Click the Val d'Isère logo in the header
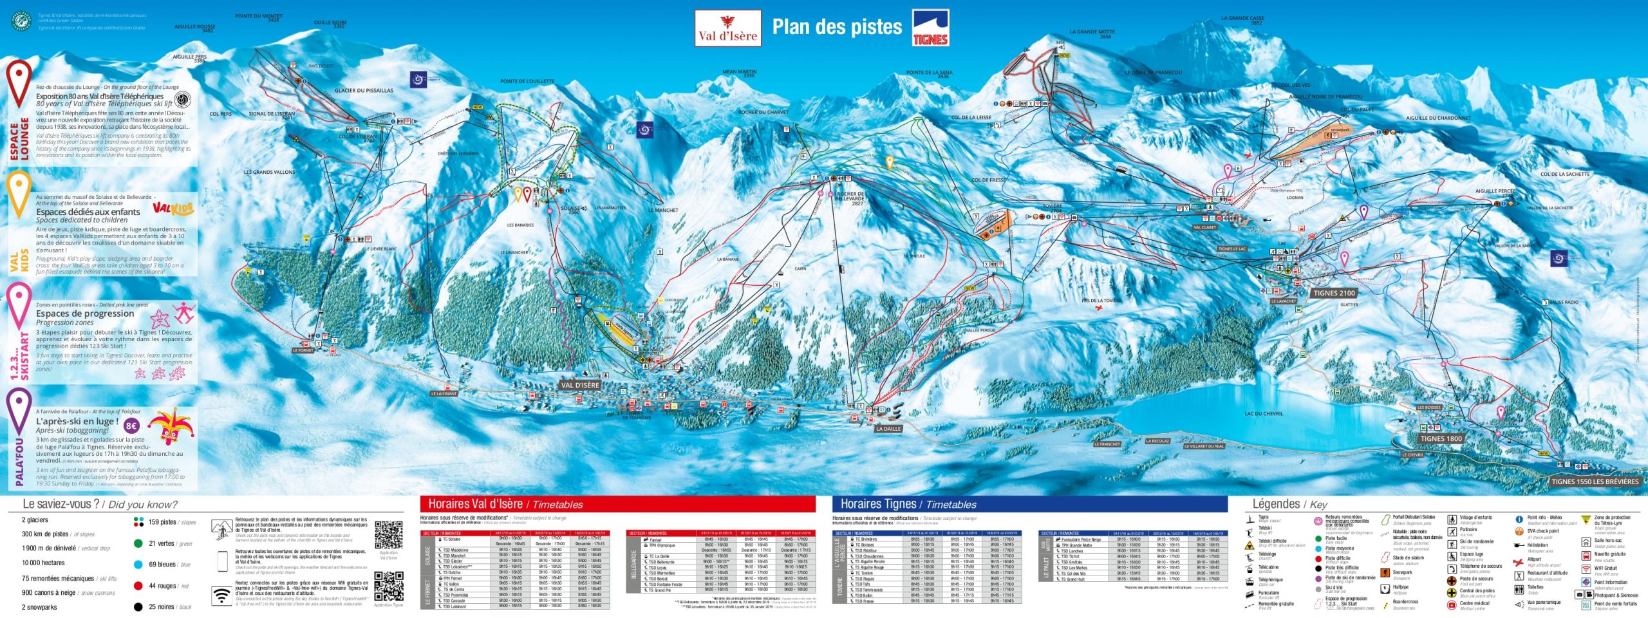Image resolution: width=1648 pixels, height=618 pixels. pos(728,28)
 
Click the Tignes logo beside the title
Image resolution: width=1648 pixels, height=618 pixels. pos(930,28)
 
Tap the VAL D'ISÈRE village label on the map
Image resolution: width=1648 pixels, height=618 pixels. pos(580,385)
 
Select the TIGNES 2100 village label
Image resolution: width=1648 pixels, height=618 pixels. pos(1334,293)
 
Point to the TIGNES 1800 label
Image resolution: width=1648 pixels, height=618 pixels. pos(1441,438)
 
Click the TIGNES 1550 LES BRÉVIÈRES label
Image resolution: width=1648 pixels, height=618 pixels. pos(1595,481)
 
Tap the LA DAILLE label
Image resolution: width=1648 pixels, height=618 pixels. pos(888,428)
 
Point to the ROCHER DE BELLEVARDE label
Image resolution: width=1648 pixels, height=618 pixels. pos(849,198)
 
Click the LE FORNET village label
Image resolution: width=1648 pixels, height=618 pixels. pos(303,350)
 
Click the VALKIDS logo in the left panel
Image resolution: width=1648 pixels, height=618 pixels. pos(173,209)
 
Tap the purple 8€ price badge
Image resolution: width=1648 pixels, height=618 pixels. pos(131,426)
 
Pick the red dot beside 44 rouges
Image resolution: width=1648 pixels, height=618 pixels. pos(138,586)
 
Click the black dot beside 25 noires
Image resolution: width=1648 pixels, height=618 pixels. pos(138,606)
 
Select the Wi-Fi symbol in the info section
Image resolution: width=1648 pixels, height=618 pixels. pos(222,595)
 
